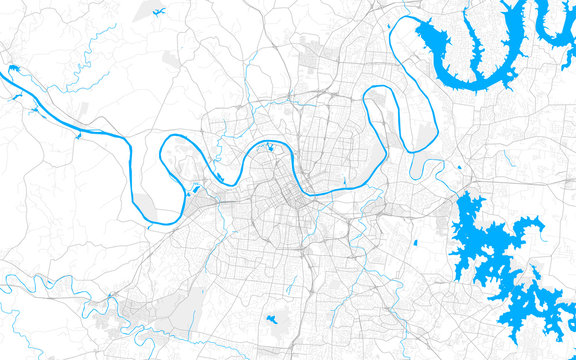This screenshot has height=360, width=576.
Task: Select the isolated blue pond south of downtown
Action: click(x=271, y=321)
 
